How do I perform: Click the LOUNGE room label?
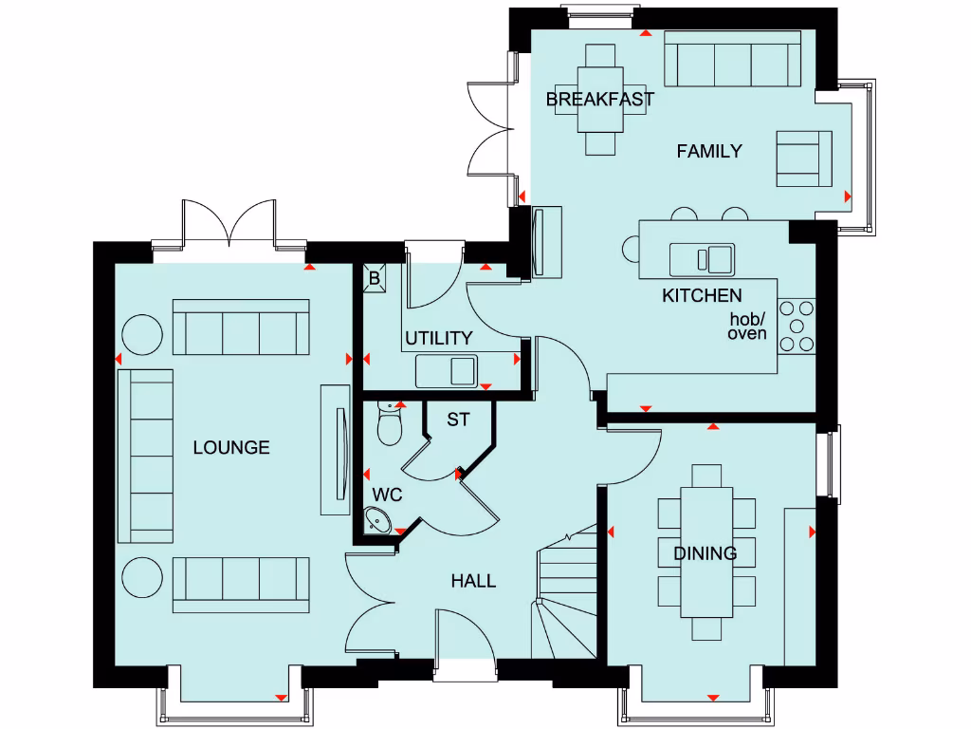pos(231,447)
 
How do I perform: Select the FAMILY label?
pos(708,151)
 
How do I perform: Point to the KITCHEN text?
pos(702,295)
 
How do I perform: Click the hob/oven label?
pos(747,327)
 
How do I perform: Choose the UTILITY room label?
pos(438,338)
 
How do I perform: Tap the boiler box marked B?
pos(374,279)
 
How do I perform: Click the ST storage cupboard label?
pos(458,419)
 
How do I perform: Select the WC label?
pos(387,495)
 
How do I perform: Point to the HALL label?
pos(473,581)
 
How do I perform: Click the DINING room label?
pos(705,553)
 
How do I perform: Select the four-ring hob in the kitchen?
pos(795,326)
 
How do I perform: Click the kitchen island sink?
pos(702,258)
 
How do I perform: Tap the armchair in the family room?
pos(803,159)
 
